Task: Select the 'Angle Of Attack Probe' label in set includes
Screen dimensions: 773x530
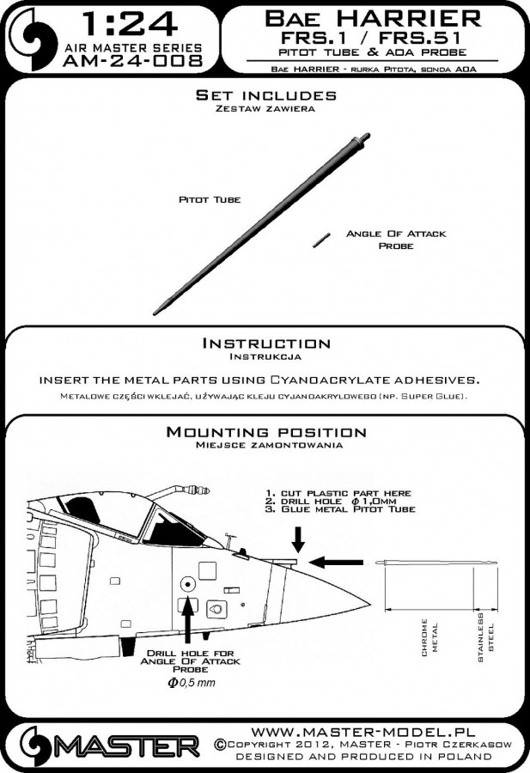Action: point(383,240)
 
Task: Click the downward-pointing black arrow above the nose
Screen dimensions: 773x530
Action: point(298,540)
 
